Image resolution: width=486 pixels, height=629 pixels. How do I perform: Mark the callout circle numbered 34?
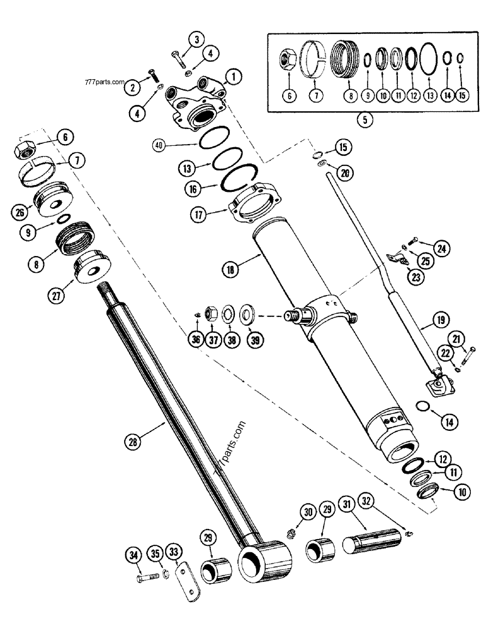(132, 554)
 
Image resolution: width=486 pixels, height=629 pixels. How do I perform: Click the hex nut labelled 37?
(212, 311)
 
